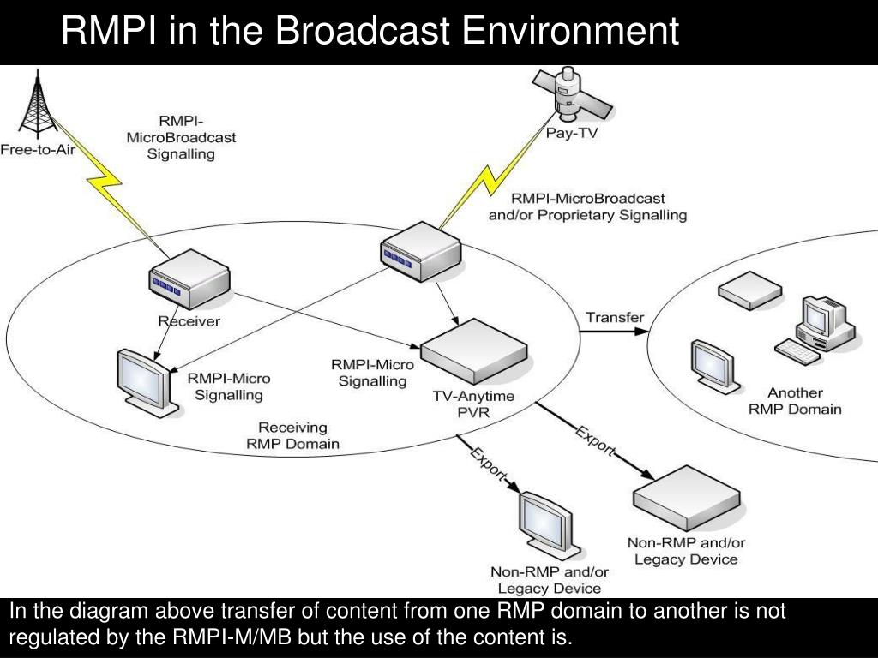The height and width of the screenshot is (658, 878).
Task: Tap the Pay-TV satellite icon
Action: [x=572, y=93]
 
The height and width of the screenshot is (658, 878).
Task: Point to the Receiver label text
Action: [x=189, y=321]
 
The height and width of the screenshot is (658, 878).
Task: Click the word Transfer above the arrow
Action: [x=614, y=318]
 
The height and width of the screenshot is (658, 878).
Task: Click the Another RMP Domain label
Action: [x=795, y=401]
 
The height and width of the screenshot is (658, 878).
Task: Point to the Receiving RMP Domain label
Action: [x=292, y=435]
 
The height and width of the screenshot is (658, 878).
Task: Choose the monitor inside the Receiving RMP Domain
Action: [x=143, y=377]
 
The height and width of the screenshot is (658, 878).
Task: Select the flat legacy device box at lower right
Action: [x=687, y=498]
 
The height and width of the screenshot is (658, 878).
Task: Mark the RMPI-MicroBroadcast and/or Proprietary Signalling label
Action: [x=587, y=206]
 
